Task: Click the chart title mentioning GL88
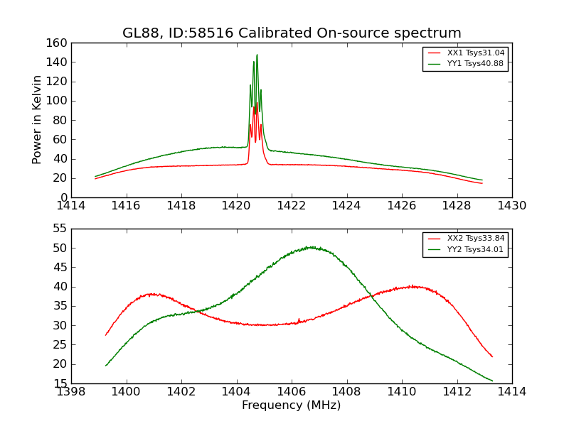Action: coord(292,33)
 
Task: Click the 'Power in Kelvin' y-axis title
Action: coord(38,120)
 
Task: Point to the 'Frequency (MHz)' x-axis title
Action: coord(292,405)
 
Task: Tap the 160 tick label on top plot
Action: coord(58,43)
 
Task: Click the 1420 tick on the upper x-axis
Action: coord(236,206)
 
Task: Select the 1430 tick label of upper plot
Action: coord(512,206)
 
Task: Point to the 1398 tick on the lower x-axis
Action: coord(71,391)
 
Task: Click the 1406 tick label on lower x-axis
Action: coord(292,391)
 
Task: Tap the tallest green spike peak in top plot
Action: coord(257,55)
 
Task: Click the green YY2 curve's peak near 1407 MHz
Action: coord(310,247)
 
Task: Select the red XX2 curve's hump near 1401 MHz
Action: coord(151,293)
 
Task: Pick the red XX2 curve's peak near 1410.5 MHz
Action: coord(413,286)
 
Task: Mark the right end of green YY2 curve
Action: coord(492,381)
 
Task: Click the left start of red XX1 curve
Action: coord(95,179)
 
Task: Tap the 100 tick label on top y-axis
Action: coord(58,101)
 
